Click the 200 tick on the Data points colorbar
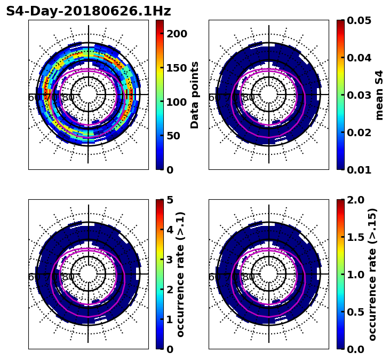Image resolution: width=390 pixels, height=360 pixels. coord(177,34)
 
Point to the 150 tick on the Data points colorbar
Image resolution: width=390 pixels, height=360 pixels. coord(177,68)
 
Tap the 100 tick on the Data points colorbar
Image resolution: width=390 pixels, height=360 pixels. coord(177,101)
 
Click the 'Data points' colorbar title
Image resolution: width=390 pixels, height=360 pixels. coord(195,95)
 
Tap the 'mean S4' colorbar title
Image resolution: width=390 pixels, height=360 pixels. coord(379,95)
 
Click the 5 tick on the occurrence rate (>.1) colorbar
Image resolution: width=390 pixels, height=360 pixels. coord(170,200)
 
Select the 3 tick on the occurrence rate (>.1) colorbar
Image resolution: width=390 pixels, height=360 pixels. coord(170,260)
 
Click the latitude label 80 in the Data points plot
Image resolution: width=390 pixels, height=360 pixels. coord(68,98)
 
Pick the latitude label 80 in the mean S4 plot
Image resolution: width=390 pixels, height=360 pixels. coord(249,98)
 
